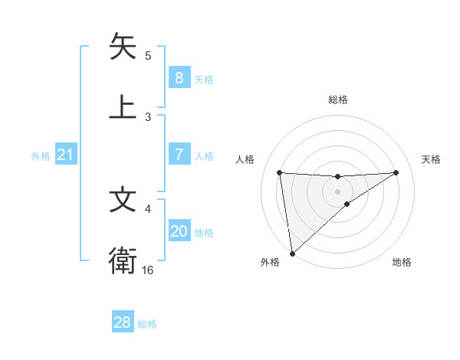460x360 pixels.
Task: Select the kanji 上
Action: coord(123,106)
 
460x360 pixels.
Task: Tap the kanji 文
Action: coord(123,200)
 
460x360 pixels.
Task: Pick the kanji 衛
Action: coord(123,261)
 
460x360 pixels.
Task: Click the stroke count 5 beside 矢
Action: coord(148,56)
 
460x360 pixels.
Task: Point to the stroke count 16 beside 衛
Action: coord(148,270)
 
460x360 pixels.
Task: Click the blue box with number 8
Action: coord(179,77)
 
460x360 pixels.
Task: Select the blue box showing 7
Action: coord(179,155)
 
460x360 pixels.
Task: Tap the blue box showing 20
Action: coord(179,231)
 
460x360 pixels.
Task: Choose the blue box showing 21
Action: coord(65,155)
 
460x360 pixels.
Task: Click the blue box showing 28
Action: coord(123,322)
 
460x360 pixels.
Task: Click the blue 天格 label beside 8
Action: coord(204,79)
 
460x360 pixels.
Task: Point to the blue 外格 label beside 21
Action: coord(41,156)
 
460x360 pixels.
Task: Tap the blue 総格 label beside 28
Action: coord(147,324)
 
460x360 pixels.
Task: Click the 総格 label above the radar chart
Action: coord(338,100)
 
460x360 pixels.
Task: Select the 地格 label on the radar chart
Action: coord(402,262)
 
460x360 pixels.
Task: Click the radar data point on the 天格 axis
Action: coord(396,172)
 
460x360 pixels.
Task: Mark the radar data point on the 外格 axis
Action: coord(291,253)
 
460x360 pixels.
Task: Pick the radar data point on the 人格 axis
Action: coord(280,172)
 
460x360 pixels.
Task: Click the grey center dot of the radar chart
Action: coord(338,191)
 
